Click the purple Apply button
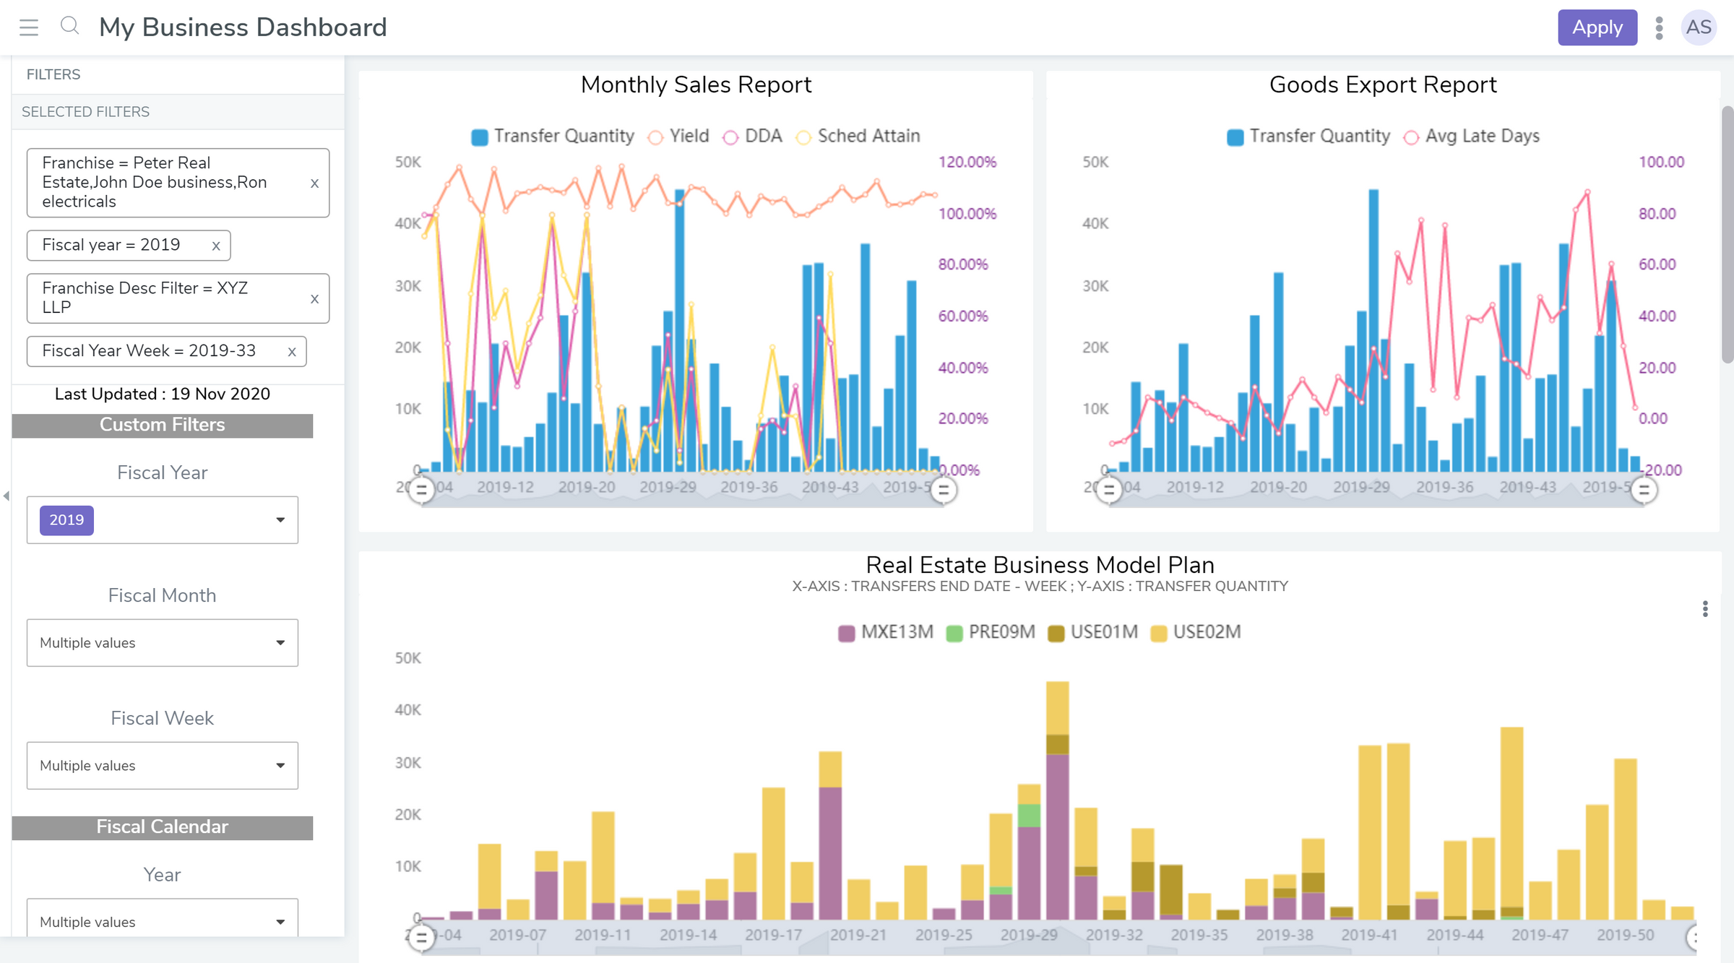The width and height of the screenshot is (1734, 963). (1597, 27)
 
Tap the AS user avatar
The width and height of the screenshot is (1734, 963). (1698, 27)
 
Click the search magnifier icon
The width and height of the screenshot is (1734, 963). (69, 26)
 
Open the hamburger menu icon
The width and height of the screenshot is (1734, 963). (29, 27)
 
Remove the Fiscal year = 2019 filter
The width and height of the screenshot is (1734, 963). (216, 246)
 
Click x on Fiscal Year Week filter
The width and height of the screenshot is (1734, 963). (292, 352)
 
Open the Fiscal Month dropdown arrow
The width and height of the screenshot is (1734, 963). (280, 642)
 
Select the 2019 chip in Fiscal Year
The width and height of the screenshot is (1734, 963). (66, 520)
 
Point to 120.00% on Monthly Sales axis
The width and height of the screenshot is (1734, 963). (967, 162)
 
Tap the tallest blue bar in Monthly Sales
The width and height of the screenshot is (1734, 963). (679, 332)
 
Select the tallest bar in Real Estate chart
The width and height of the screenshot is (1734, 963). (1057, 795)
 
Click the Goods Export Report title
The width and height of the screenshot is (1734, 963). (1382, 85)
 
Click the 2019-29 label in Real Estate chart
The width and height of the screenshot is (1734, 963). (1028, 935)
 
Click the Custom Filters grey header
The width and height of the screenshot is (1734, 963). (163, 425)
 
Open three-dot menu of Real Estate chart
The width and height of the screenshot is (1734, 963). (1705, 609)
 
